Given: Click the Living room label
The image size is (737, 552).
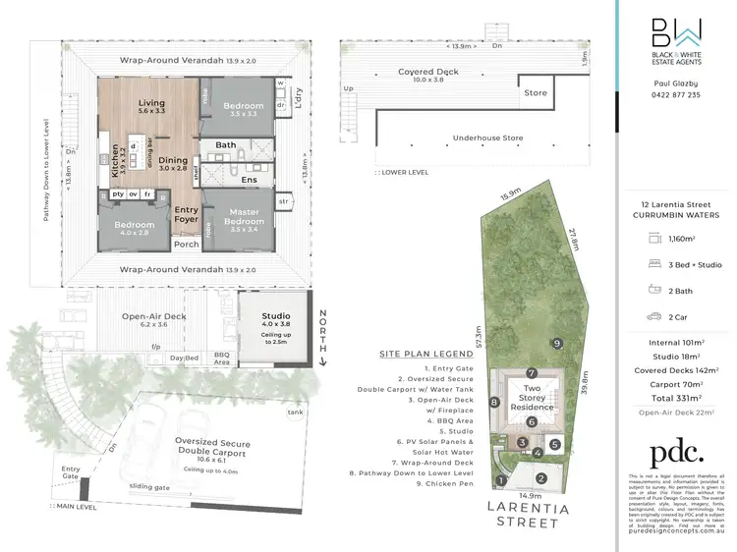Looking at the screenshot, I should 151,102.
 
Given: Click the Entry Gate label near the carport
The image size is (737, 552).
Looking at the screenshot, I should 71,472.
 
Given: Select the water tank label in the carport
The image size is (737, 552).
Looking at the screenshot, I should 296,413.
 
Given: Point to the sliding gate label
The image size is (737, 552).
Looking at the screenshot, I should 148,485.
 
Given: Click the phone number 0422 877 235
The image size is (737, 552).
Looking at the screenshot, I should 677,95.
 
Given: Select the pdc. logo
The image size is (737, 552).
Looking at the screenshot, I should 677,452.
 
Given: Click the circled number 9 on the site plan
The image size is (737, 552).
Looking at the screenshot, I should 556,343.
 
